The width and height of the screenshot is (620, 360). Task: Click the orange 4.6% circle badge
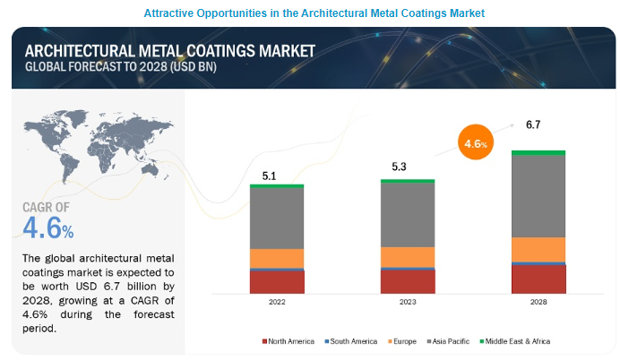tap(475, 143)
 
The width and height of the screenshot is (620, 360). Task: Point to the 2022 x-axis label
tap(277, 303)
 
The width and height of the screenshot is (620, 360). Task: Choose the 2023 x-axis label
tap(408, 303)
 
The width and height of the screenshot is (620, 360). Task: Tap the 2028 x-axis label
tap(538, 303)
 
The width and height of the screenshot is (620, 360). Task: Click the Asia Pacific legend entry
tap(459, 341)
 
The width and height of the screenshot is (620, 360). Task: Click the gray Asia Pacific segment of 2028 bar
tap(538, 196)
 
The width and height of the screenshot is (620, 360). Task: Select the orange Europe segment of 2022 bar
tap(277, 258)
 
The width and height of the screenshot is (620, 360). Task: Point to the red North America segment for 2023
tap(408, 281)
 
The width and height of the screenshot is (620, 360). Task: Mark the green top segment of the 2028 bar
tap(538, 152)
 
